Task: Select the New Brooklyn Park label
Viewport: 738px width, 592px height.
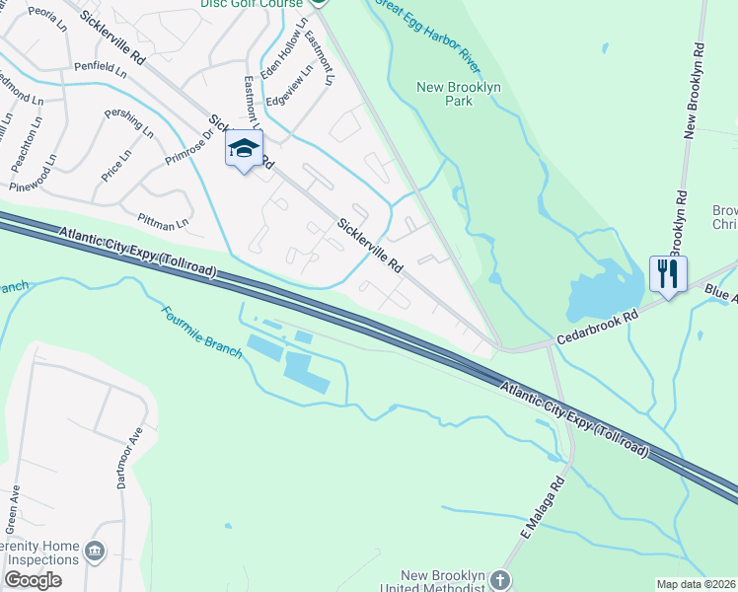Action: pos(460,94)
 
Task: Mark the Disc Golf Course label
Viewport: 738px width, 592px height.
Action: pos(253,4)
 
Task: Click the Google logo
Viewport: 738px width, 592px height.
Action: pos(33,580)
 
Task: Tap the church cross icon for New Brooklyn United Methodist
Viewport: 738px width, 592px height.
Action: pos(501,580)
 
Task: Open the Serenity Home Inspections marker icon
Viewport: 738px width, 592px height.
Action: pos(96,550)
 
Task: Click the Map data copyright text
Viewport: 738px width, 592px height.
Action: pos(696,584)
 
